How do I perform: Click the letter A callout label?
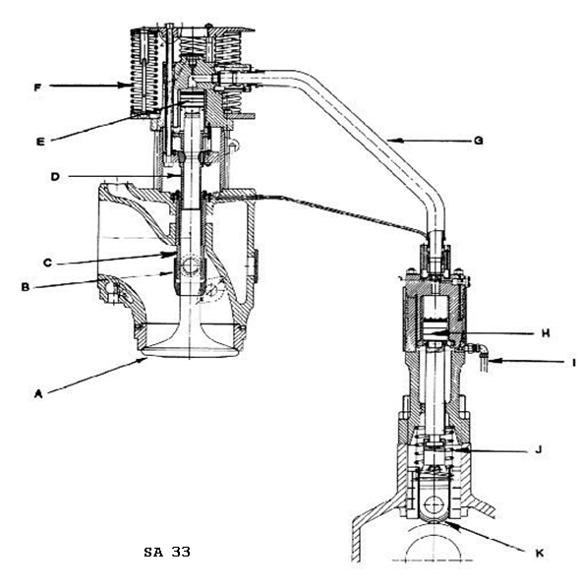38,394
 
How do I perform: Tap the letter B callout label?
26,287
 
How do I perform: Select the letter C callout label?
47,263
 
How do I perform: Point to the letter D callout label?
55,177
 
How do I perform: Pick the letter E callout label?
40,142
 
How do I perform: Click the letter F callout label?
37,88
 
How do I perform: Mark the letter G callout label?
478,141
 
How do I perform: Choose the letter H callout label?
546,333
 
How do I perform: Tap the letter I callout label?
574,363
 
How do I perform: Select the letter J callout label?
539,449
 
